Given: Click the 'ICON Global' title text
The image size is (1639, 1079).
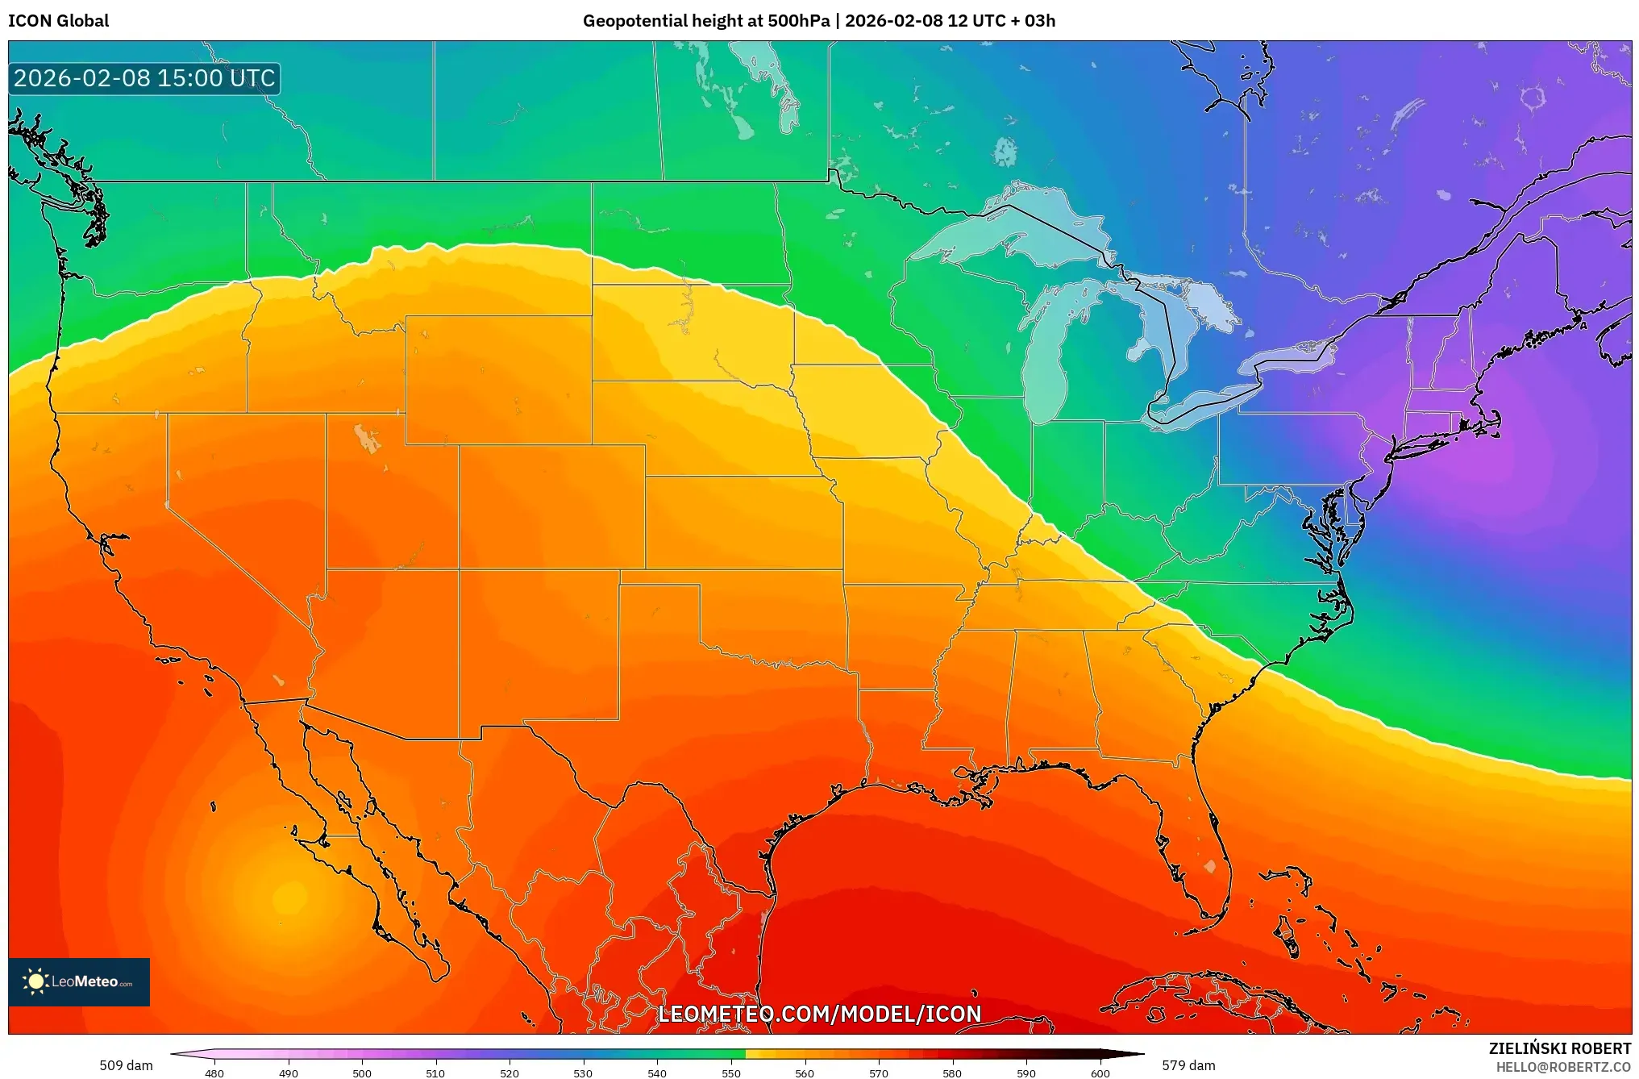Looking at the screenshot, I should [x=58, y=21].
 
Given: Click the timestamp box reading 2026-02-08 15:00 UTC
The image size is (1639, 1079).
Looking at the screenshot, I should [x=144, y=79].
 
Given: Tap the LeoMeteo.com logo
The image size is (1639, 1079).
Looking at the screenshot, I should [x=79, y=981].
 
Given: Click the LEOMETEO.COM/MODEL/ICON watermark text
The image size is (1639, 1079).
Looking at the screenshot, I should [x=819, y=1014].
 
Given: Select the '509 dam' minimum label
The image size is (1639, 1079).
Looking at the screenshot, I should [x=126, y=1065].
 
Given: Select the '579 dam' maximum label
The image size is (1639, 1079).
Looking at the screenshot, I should [x=1188, y=1065].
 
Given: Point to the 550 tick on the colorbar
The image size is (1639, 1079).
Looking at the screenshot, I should [x=730, y=1073].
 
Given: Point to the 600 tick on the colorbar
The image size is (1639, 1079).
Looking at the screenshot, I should [x=1100, y=1073].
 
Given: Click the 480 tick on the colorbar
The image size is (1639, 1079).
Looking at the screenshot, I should [x=214, y=1073].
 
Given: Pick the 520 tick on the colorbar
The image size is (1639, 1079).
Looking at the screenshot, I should [x=510, y=1073].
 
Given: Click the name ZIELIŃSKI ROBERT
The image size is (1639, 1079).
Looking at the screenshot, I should [x=1559, y=1048].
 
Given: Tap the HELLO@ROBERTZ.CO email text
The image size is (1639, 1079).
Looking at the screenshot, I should [x=1563, y=1067].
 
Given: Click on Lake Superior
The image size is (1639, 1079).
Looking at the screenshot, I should [x=1008, y=230].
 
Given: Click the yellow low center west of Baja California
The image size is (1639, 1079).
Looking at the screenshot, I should [x=289, y=897].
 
